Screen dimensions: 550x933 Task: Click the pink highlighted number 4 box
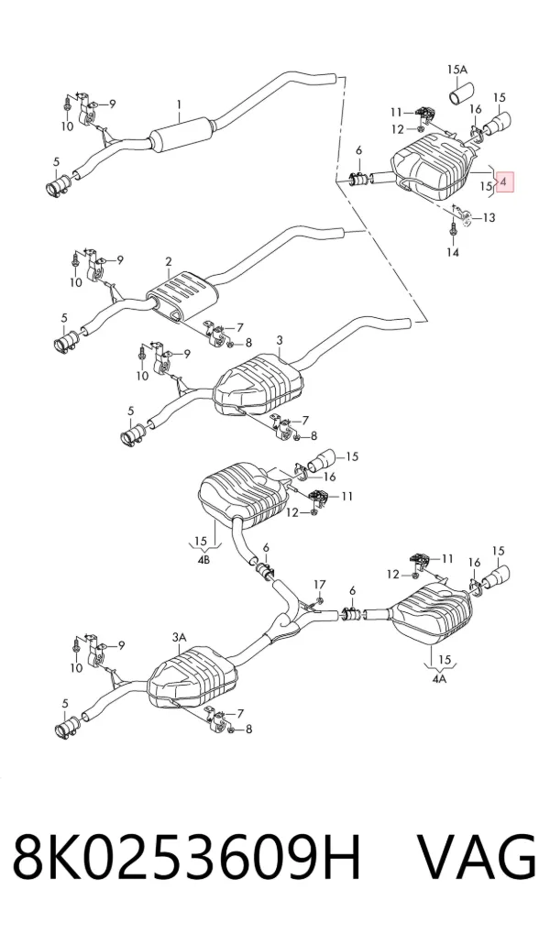pyautogui.click(x=503, y=182)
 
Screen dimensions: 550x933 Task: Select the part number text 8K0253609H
pyautogui.click(x=187, y=858)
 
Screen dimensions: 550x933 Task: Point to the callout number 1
pyautogui.click(x=179, y=104)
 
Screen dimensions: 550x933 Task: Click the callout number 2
pyautogui.click(x=169, y=261)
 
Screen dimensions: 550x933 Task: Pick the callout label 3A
pyautogui.click(x=179, y=637)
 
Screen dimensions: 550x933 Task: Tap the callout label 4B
pyautogui.click(x=203, y=560)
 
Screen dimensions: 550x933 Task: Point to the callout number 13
pyautogui.click(x=488, y=218)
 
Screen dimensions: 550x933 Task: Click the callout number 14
pyautogui.click(x=453, y=252)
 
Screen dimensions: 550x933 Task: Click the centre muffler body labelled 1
pyautogui.click(x=181, y=137)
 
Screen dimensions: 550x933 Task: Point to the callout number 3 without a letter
pyautogui.click(x=280, y=340)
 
